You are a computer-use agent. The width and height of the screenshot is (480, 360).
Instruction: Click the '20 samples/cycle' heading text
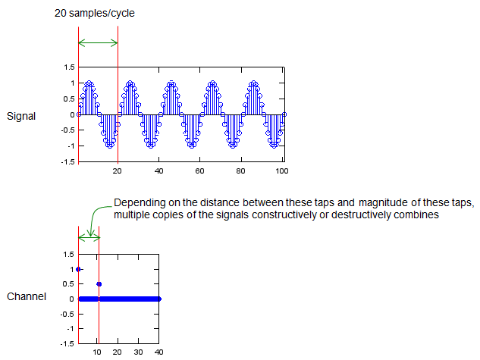click(x=94, y=13)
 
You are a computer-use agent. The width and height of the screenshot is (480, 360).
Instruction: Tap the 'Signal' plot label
click(x=21, y=116)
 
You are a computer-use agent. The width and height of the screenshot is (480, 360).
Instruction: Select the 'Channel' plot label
click(x=27, y=296)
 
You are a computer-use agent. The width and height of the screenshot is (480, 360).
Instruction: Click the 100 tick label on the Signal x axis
click(x=281, y=171)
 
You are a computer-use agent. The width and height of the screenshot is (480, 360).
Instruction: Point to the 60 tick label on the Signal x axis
click(x=199, y=171)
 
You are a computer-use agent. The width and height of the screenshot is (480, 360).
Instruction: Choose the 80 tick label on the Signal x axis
click(x=240, y=171)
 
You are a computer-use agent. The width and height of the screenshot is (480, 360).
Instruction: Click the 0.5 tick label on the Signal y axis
click(x=69, y=99)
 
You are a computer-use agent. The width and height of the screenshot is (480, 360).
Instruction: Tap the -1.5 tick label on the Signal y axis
click(x=67, y=161)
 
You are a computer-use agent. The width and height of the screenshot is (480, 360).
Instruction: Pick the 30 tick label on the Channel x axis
click(x=138, y=352)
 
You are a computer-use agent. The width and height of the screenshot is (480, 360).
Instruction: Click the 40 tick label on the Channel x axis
click(x=158, y=352)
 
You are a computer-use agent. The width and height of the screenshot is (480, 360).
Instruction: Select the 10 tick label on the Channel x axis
click(x=97, y=352)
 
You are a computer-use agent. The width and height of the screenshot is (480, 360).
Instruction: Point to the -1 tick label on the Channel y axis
click(x=71, y=328)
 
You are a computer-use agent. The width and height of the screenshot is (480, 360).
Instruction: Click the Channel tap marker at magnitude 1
click(x=78, y=269)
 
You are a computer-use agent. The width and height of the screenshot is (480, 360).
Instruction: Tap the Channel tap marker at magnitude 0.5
click(x=99, y=284)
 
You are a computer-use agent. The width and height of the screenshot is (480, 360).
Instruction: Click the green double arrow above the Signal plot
click(x=98, y=42)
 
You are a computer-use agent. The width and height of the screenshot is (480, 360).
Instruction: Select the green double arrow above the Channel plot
click(x=89, y=237)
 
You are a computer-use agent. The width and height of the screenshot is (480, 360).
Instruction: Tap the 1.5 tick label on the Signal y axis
click(x=69, y=67)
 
